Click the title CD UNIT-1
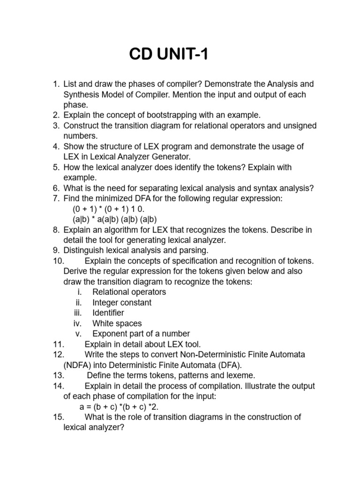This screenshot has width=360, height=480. coord(168,55)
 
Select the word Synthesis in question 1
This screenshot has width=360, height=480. coord(80,95)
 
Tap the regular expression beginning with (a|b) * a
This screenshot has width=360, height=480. coord(114,219)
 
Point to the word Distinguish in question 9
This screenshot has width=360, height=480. coord(84,250)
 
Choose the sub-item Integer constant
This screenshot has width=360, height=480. coord(122,302)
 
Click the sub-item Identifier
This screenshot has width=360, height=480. coord(108,313)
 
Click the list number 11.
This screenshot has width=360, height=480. coord(59,344)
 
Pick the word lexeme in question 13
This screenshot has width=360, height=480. coord(240,375)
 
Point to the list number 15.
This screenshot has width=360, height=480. coord(59,417)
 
